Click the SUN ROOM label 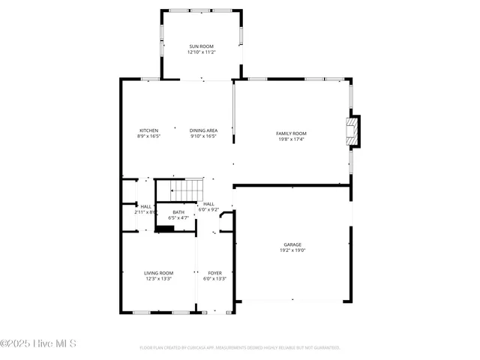(x=202, y=46)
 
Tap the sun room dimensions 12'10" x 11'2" (x=202, y=52)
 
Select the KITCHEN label (x=148, y=130)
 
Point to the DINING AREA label (x=203, y=130)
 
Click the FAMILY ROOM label (x=291, y=133)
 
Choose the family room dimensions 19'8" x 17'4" (x=291, y=139)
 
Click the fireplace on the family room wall (x=352, y=130)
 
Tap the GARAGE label (x=292, y=244)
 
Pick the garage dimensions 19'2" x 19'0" (x=292, y=250)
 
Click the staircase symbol (x=184, y=190)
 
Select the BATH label (x=178, y=212)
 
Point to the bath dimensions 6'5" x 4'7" (x=178, y=218)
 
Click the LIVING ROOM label (x=159, y=273)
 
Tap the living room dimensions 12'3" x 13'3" (x=159, y=279)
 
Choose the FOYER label (x=214, y=273)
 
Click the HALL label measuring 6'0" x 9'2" (x=208, y=204)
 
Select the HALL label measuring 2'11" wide (x=145, y=206)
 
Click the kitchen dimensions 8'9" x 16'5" (x=148, y=136)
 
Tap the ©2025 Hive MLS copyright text (x=38, y=344)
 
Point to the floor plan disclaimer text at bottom (x=240, y=348)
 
